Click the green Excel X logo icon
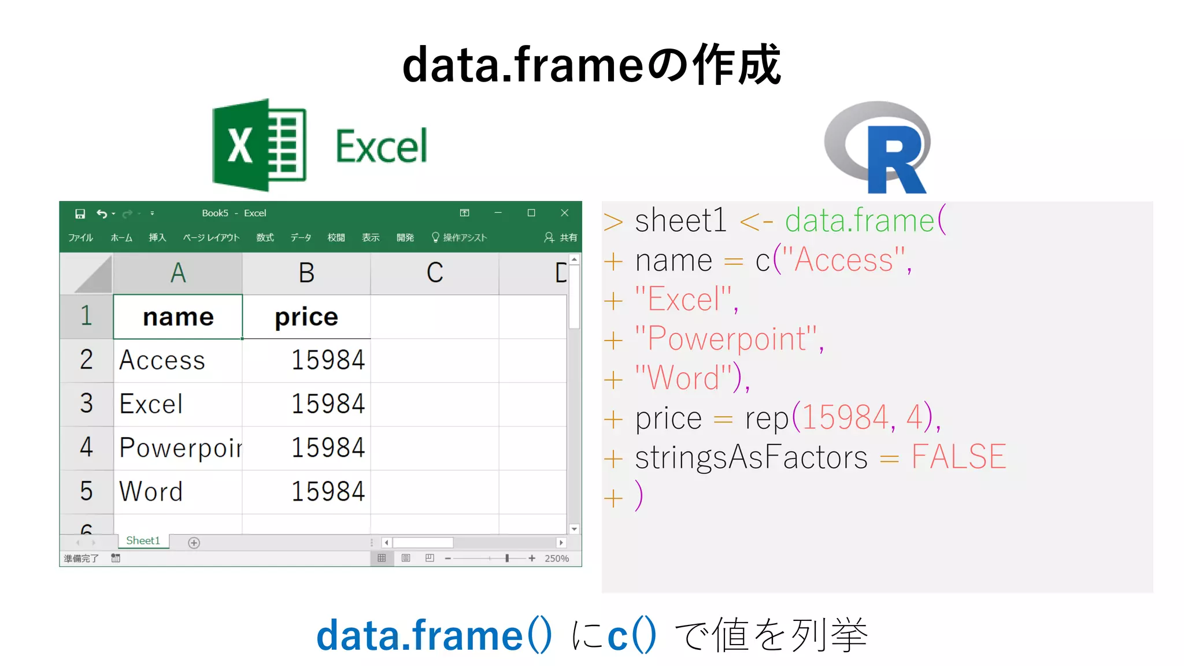[x=259, y=145]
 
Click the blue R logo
[x=878, y=148]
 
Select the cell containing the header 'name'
[x=178, y=317]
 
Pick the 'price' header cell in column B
[x=306, y=317]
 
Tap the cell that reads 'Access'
[x=178, y=361]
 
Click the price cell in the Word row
[x=306, y=491]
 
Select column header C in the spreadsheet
[x=435, y=273]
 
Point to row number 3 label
[x=87, y=404]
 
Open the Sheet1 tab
[x=143, y=541]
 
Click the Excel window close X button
[x=565, y=213]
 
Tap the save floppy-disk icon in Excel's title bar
[x=80, y=214]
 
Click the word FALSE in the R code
[x=959, y=457]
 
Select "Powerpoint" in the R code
[x=726, y=339]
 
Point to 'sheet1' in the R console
[x=680, y=221]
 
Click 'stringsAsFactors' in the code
[x=751, y=457]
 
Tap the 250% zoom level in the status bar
[x=557, y=558]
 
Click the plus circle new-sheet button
[x=194, y=542]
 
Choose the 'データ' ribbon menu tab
[x=301, y=238]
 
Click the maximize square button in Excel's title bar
[x=531, y=213]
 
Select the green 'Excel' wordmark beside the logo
[x=382, y=147]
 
